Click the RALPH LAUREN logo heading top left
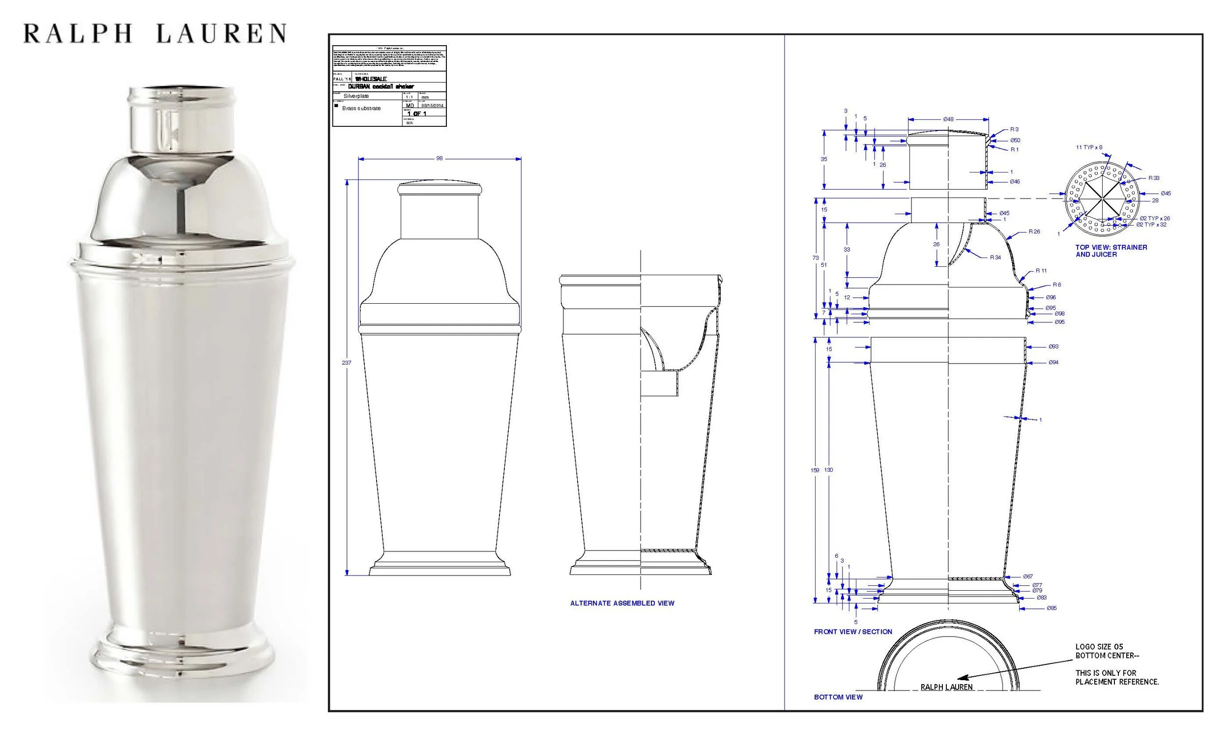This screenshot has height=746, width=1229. [155, 33]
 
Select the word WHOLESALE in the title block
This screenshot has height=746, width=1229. [371, 79]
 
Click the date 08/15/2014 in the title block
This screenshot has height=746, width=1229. [432, 106]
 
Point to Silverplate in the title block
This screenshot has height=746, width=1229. [356, 96]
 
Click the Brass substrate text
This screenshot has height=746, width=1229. [361, 108]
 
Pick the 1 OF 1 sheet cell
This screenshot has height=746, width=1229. [416, 114]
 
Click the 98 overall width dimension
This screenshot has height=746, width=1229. [439, 159]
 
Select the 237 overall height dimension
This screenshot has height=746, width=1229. [346, 363]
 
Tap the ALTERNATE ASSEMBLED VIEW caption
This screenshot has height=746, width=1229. [622, 603]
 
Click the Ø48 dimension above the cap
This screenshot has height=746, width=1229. [948, 120]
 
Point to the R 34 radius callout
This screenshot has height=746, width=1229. [995, 258]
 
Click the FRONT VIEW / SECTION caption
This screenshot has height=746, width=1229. [853, 632]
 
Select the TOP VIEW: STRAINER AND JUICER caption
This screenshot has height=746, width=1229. [1111, 251]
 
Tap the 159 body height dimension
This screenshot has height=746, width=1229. [815, 470]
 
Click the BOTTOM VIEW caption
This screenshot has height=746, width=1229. [838, 697]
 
